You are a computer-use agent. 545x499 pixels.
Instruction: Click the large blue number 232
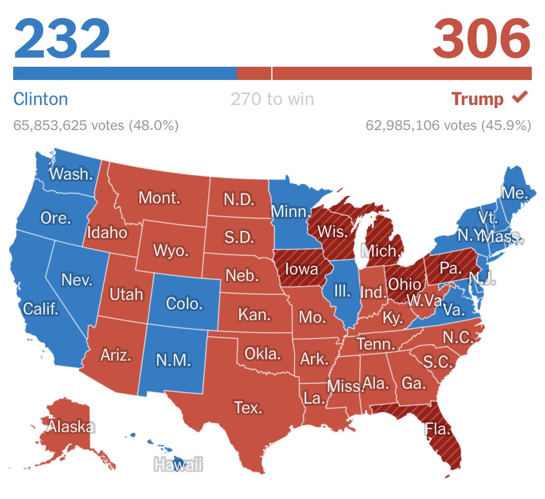pos(62,39)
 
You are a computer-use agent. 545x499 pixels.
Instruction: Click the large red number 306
pos(482,39)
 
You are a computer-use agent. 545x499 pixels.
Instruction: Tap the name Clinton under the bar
pos(40,99)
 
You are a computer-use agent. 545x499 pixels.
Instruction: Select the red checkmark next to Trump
pos(520,97)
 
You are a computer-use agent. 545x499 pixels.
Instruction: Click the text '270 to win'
pos(272,99)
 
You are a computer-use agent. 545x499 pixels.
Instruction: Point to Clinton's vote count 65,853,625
pos(68,125)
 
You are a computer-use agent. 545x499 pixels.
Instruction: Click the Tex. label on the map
pos(248,407)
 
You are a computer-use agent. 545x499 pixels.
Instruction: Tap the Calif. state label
pos(41,309)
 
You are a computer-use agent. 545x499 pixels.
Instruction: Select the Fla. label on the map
pos(437,429)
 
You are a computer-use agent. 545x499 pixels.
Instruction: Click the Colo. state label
pos(184,303)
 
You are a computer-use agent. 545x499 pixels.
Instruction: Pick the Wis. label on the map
pos(332,231)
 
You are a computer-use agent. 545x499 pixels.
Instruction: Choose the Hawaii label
pos(178,464)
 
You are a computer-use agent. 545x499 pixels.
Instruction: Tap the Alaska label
pos(71,426)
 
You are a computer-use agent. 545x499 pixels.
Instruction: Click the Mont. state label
pos(159,198)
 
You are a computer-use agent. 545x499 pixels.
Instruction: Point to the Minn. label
pos(291,211)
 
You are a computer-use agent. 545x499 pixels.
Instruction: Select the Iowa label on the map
pos(301,269)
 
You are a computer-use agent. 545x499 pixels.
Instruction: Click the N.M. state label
pos(173,360)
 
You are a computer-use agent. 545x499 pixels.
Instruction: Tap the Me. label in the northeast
pos(515,193)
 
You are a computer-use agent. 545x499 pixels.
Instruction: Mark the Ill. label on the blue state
pos(342,291)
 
